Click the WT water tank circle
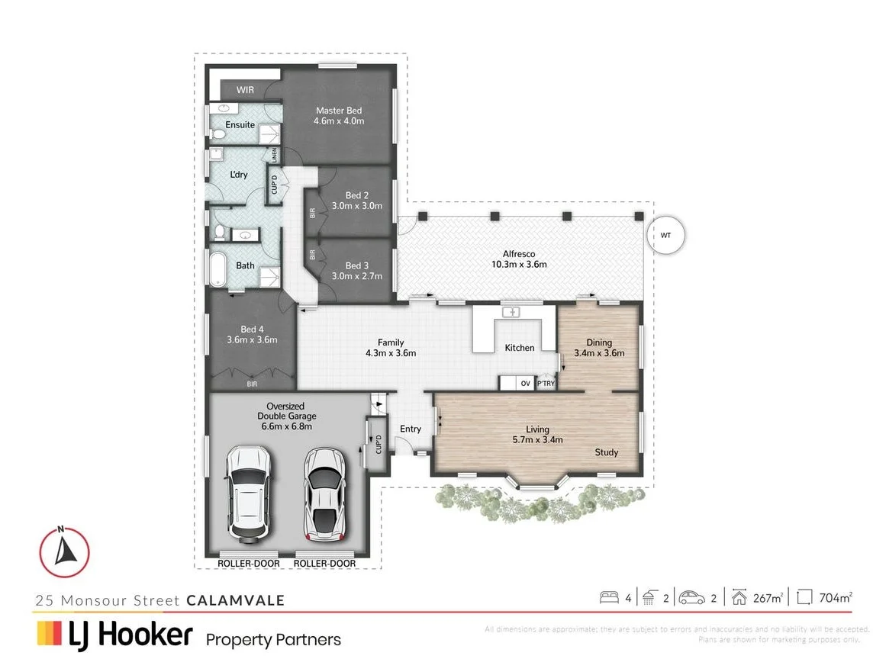point(665,236)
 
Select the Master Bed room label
point(339,111)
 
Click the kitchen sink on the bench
point(509,312)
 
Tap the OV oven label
point(525,384)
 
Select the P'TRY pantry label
point(546,384)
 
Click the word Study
point(607,452)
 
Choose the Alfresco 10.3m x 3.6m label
point(518,259)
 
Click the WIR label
point(245,90)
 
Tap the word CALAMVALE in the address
point(235,600)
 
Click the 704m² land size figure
point(834,598)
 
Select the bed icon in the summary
point(610,598)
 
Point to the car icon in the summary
point(692,598)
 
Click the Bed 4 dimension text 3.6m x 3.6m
point(252,340)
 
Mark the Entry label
point(411,429)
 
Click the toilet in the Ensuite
point(217,133)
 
